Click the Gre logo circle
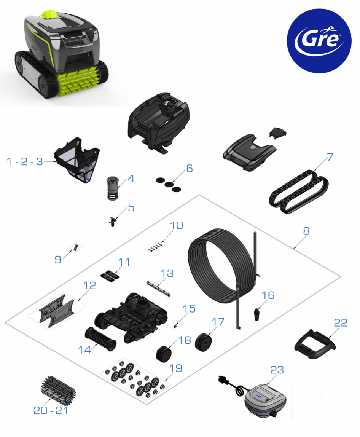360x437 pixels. pyautogui.click(x=319, y=41)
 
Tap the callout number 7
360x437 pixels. pyautogui.click(x=330, y=157)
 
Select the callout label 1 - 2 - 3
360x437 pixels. pyautogui.click(x=25, y=161)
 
